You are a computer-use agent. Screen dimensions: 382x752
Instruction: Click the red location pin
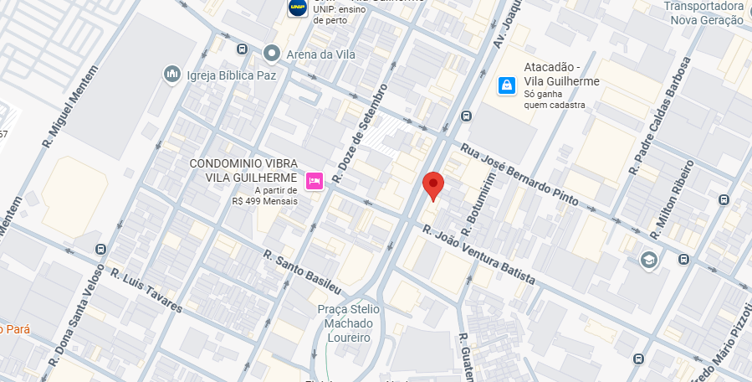[432, 184]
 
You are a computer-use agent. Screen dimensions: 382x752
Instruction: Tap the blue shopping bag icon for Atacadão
[506, 85]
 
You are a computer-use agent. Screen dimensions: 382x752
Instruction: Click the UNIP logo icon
[297, 8]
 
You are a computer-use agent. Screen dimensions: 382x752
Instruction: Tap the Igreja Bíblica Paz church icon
[172, 75]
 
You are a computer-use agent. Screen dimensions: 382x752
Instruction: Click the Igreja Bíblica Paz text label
[232, 75]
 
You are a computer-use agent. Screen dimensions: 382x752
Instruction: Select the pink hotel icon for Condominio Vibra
[315, 180]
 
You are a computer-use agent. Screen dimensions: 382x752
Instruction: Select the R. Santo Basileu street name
[303, 271]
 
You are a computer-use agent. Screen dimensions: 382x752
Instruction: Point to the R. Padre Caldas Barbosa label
[661, 116]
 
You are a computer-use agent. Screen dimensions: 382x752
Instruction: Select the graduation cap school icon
[648, 261]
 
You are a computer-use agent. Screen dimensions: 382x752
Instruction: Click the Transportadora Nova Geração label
[703, 13]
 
